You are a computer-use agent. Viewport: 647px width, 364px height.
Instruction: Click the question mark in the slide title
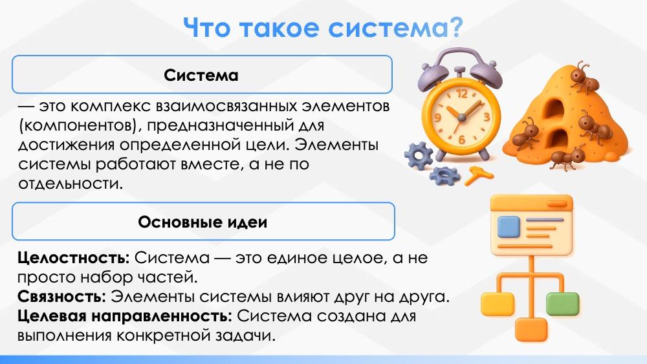pos(455,28)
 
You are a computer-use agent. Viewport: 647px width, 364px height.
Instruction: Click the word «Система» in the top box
pos(201,75)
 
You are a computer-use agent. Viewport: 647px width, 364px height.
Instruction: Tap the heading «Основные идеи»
pos(203,222)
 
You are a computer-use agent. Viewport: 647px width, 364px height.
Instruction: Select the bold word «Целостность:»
pos(74,258)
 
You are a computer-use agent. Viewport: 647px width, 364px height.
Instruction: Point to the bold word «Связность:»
pos(62,296)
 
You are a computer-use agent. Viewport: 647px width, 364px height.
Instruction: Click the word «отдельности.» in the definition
pos(71,184)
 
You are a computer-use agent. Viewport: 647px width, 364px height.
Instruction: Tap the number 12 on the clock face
pos(462,94)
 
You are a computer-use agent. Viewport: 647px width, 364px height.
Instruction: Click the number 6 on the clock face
pos(461,140)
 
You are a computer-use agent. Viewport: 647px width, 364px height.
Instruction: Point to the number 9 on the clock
pos(437,118)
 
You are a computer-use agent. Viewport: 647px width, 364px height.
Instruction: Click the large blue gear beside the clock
pos(419,155)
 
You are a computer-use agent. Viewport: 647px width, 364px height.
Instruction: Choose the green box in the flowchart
pos(562,303)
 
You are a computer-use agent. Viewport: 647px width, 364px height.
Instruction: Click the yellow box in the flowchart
pos(498,303)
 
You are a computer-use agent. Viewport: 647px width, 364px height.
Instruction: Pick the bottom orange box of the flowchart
pos(531,329)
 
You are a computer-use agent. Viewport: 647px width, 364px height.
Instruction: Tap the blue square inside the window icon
pos(508,227)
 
